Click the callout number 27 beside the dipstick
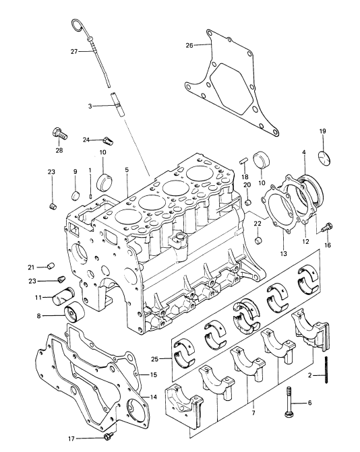[74, 52]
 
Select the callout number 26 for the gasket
[189, 45]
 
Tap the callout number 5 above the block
[127, 170]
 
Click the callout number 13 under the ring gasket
[284, 253]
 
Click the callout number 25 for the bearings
[154, 359]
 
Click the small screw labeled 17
[108, 437]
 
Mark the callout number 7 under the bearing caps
[253, 413]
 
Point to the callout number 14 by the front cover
[154, 397]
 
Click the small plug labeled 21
[51, 266]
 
